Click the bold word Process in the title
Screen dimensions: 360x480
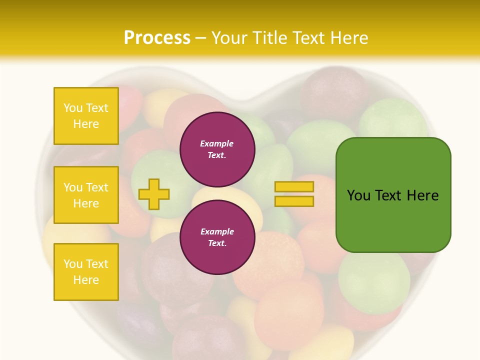[157, 38]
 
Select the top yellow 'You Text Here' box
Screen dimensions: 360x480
[86, 116]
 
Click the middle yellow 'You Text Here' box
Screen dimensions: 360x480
[86, 195]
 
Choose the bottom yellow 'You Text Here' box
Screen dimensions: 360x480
[86, 272]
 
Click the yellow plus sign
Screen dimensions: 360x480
[154, 194]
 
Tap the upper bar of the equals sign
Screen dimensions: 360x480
[294, 186]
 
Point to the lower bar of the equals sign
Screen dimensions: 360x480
[294, 201]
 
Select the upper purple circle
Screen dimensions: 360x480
[217, 149]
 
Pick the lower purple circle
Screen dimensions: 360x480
[217, 237]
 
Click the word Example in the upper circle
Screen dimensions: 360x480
[216, 143]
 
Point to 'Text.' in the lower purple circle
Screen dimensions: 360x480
[217, 243]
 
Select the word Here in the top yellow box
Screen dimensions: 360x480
[86, 124]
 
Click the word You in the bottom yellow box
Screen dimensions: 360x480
[73, 264]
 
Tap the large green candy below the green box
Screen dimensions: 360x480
[374, 282]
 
